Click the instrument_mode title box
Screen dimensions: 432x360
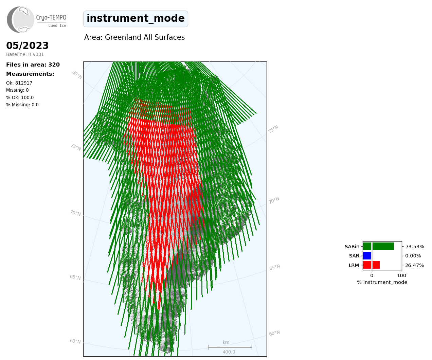pyautogui.click(x=136, y=19)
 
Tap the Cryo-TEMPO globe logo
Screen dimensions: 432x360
pyautogui.click(x=20, y=19)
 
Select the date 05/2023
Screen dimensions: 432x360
pyautogui.click(x=27, y=46)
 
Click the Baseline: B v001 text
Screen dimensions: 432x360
pyautogui.click(x=25, y=54)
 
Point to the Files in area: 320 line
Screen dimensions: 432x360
pyautogui.click(x=33, y=65)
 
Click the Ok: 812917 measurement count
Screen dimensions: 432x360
pyautogui.click(x=19, y=83)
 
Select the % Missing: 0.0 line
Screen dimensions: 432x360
pyautogui.click(x=22, y=105)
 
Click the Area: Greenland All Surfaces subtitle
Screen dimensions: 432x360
pyautogui.click(x=134, y=37)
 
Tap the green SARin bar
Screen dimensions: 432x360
pyautogui.click(x=378, y=246)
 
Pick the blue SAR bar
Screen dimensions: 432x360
pyautogui.click(x=367, y=256)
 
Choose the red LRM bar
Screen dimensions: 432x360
pyautogui.click(x=372, y=265)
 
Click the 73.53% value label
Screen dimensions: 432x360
pyautogui.click(x=415, y=247)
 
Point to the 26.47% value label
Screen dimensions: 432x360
pyautogui.click(x=414, y=265)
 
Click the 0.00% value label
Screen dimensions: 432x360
pyautogui.click(x=413, y=256)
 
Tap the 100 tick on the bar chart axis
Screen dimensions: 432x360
pyautogui.click(x=401, y=275)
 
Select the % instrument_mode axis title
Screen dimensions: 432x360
pyautogui.click(x=382, y=283)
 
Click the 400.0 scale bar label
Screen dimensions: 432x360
pyautogui.click(x=229, y=352)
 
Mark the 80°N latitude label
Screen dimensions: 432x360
pyautogui.click(x=77, y=75)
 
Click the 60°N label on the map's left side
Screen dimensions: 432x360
pyautogui.click(x=75, y=341)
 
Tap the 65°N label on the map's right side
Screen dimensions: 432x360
pyautogui.click(x=274, y=267)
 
